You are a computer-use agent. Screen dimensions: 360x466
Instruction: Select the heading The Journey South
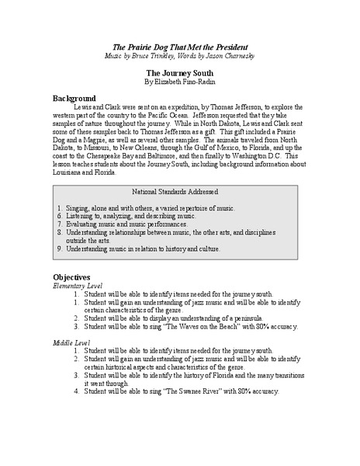click(x=179, y=71)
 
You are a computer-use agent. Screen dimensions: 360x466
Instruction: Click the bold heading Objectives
click(x=72, y=276)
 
